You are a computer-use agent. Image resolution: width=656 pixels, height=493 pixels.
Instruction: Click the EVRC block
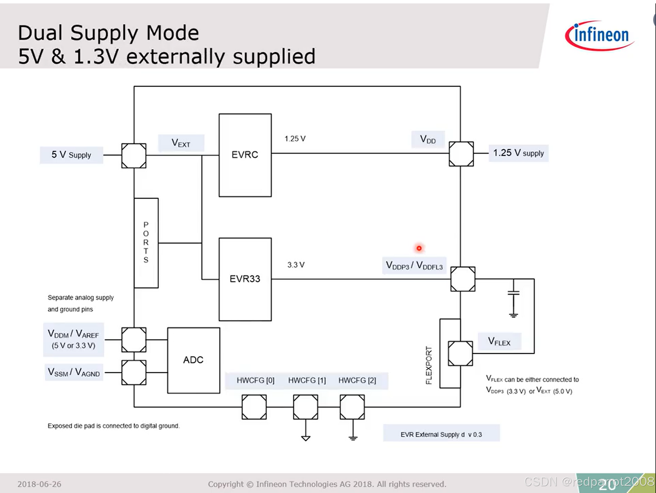245,155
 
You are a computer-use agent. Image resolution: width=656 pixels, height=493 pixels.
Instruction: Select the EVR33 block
245,279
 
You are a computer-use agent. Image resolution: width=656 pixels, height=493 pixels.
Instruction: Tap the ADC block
194,360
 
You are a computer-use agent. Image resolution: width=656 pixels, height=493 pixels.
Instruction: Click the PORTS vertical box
146,243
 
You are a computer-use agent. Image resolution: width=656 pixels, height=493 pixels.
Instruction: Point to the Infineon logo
600,35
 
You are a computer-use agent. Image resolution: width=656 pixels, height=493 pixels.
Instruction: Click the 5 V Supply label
71,155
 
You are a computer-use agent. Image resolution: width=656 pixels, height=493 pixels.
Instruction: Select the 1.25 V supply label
518,153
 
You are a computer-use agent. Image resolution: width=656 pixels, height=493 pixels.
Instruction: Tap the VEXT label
181,143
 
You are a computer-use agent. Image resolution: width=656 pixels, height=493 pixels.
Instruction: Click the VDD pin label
428,140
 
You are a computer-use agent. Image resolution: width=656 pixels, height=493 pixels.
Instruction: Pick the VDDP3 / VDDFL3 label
414,265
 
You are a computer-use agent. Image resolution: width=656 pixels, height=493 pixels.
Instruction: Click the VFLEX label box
499,341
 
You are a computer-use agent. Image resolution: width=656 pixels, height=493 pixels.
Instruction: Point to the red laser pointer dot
419,248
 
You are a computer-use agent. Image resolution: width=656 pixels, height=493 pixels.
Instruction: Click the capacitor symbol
513,293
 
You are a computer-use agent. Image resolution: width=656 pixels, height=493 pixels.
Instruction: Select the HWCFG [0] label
255,380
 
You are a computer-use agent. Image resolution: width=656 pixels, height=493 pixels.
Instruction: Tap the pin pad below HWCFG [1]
306,407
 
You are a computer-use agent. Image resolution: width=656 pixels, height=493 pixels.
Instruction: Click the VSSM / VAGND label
74,372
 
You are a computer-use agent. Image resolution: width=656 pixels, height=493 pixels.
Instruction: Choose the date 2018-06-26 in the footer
39,484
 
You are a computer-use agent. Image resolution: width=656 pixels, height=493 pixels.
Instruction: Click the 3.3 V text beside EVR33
296,265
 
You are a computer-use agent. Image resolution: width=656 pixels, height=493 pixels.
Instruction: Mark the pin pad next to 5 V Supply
134,156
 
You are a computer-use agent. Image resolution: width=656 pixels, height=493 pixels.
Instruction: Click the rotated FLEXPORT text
429,365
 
